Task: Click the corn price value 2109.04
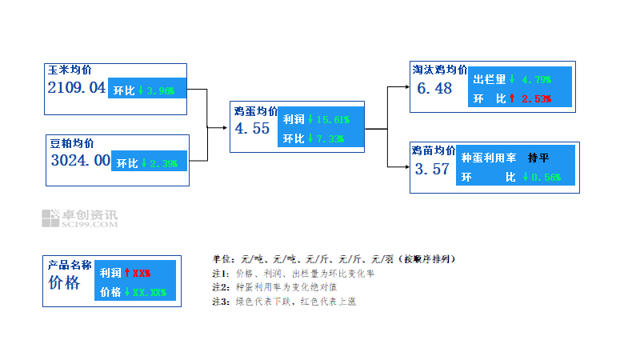(x=77, y=87)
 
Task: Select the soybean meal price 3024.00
(x=80, y=160)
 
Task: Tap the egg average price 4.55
(x=252, y=128)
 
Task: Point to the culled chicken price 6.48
(x=435, y=88)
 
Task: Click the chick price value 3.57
(x=432, y=169)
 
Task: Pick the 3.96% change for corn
(x=161, y=90)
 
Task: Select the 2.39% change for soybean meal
(x=164, y=163)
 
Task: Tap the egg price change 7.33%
(x=330, y=138)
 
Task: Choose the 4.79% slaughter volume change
(x=537, y=80)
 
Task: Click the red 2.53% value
(x=537, y=98)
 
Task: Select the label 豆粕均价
(x=72, y=143)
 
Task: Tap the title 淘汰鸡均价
(x=439, y=70)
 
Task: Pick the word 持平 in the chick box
(x=538, y=158)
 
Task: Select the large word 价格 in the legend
(x=64, y=283)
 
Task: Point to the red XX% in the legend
(x=142, y=273)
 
